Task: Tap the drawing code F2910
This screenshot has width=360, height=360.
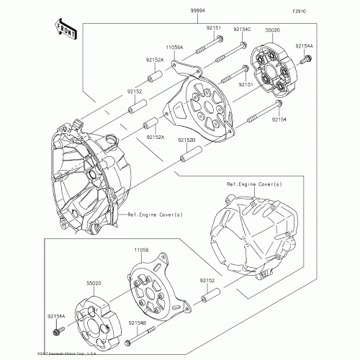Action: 300,12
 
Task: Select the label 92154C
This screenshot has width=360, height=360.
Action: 242,29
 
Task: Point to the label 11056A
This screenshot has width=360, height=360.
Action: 175,47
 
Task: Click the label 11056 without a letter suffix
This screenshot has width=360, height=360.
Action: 141,250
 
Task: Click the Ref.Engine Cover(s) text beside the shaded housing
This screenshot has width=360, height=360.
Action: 155,215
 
